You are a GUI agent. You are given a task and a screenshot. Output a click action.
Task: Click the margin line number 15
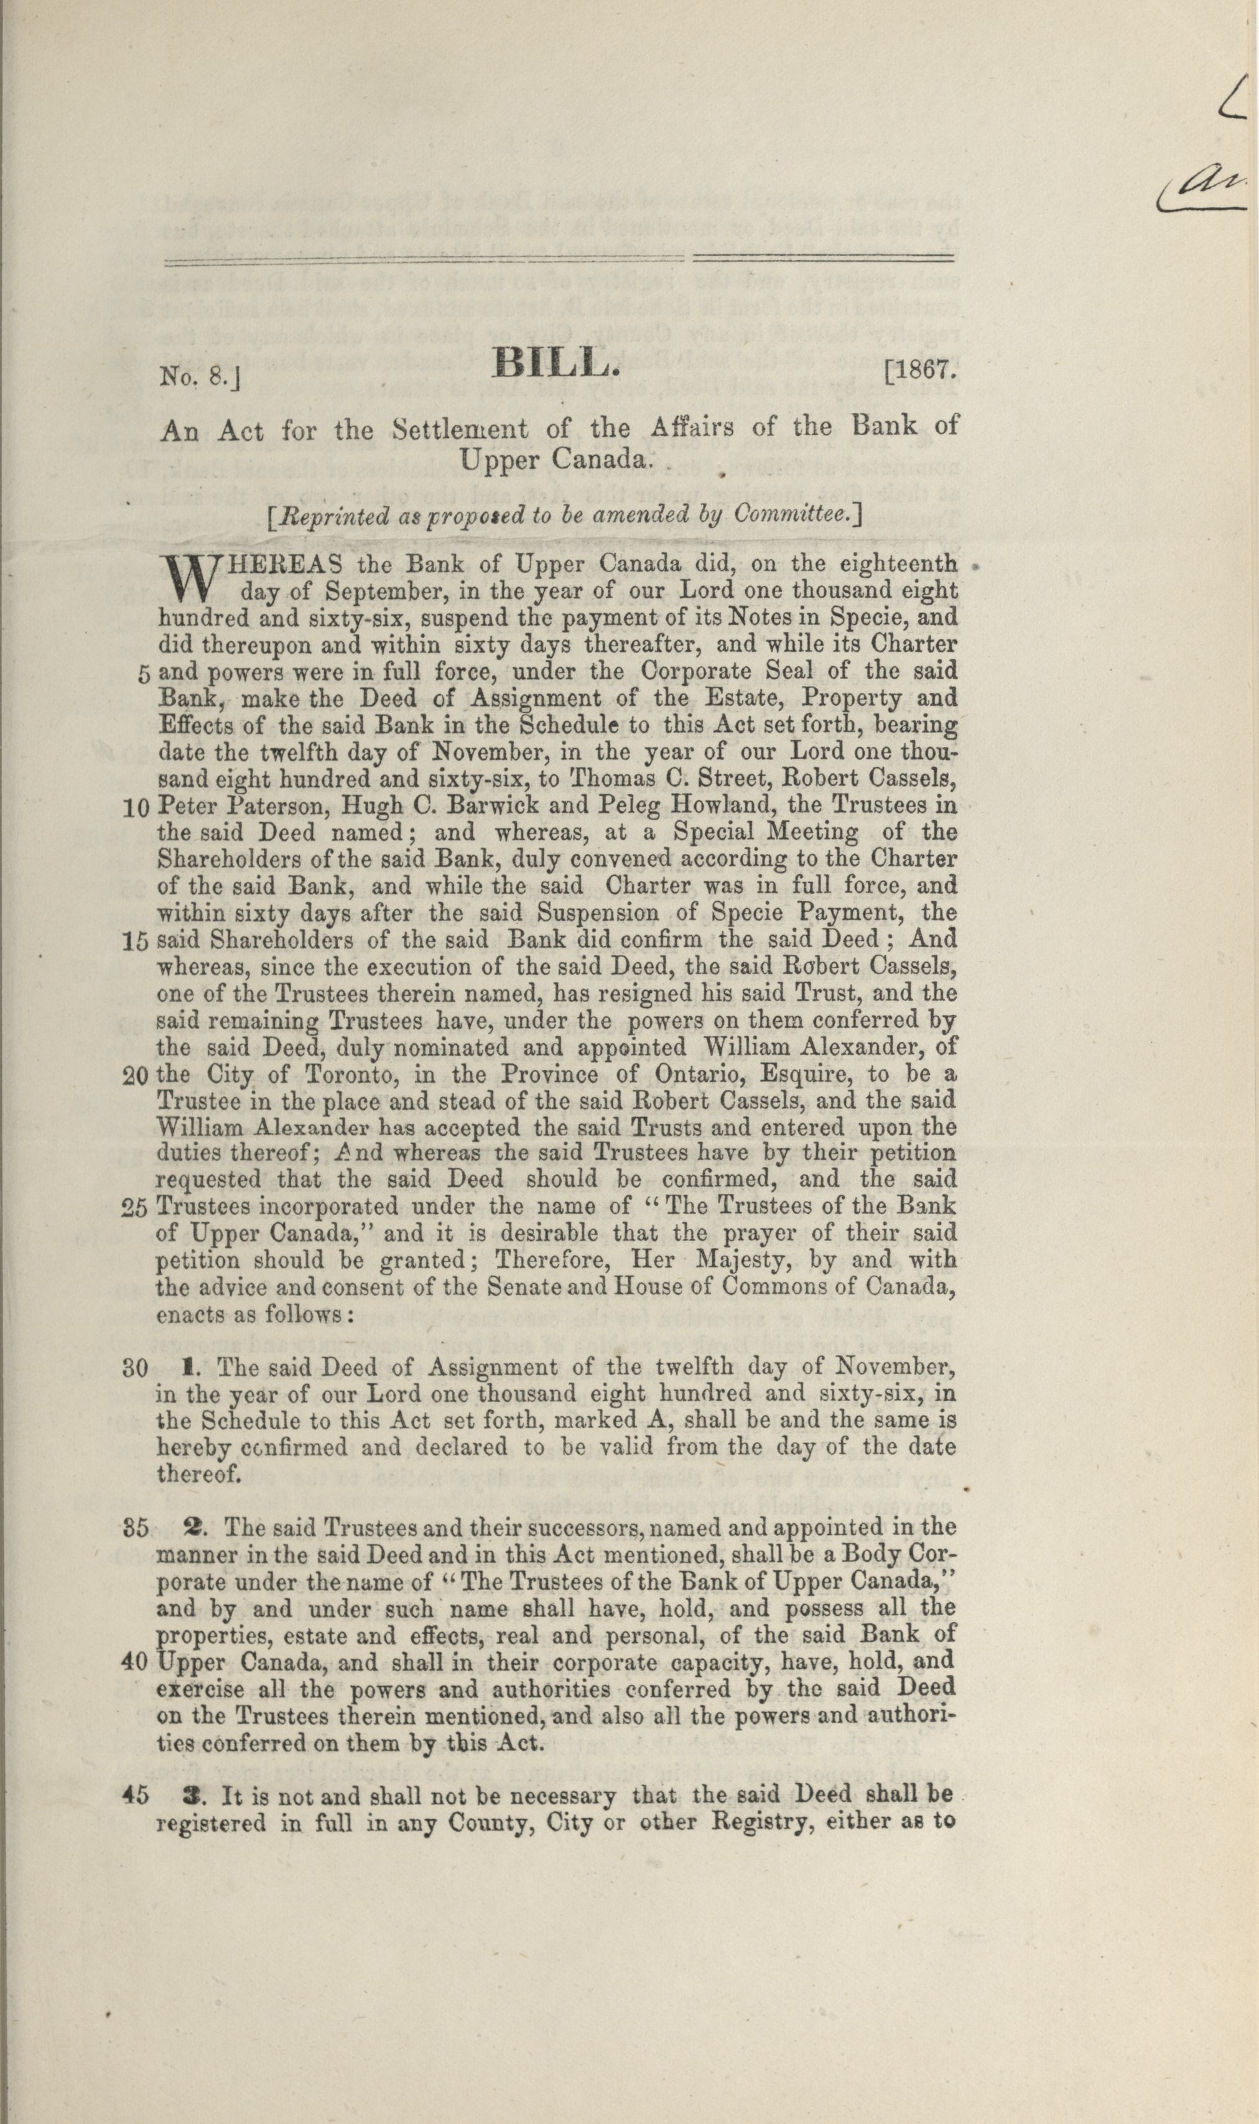(136, 942)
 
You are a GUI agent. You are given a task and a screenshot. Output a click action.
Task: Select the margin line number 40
(136, 1662)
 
